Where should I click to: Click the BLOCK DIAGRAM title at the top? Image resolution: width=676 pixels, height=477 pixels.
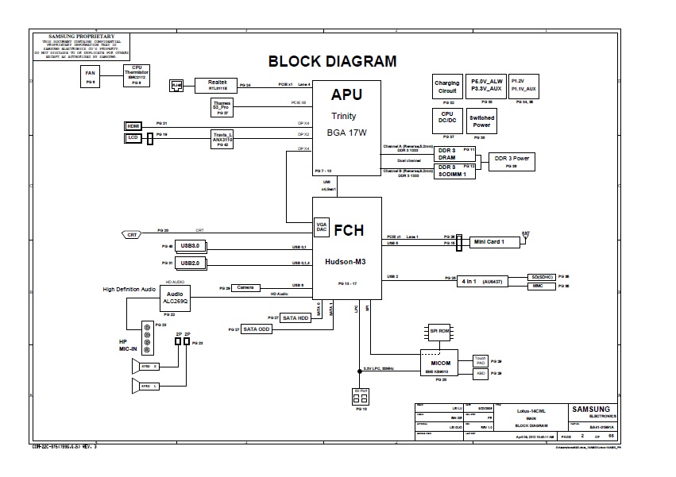click(333, 61)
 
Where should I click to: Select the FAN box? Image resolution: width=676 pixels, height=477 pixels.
click(91, 76)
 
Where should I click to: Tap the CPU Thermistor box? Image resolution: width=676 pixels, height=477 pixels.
click(137, 75)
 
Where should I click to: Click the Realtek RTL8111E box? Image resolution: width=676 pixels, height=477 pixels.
click(217, 85)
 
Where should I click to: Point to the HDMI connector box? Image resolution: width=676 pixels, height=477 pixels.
click(133, 125)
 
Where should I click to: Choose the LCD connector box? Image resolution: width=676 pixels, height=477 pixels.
click(133, 138)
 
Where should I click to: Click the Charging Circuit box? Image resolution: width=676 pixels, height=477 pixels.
click(447, 87)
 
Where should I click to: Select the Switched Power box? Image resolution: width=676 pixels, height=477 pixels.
click(481, 121)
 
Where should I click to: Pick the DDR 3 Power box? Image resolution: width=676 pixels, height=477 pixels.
click(512, 160)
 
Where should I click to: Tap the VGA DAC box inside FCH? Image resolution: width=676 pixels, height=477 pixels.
click(322, 226)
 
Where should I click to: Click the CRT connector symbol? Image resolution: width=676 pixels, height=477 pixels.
click(130, 234)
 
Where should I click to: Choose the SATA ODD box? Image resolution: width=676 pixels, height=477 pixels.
click(257, 329)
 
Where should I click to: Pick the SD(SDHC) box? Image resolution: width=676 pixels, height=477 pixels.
click(543, 277)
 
